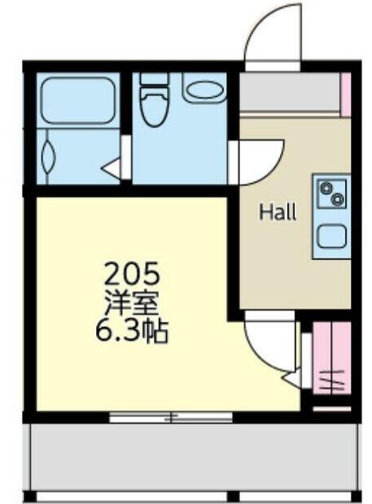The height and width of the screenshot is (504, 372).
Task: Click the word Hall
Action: [278, 212]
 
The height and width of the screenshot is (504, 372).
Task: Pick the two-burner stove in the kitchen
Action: [332, 194]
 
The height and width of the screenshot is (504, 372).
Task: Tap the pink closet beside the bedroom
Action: [331, 357]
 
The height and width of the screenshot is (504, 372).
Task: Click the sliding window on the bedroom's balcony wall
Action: [171, 418]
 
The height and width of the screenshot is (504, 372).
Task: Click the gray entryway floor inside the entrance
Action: [291, 92]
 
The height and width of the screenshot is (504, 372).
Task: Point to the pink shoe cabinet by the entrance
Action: [345, 94]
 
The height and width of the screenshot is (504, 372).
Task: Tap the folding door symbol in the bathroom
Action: [48, 157]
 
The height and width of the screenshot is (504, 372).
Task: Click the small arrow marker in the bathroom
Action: [111, 168]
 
